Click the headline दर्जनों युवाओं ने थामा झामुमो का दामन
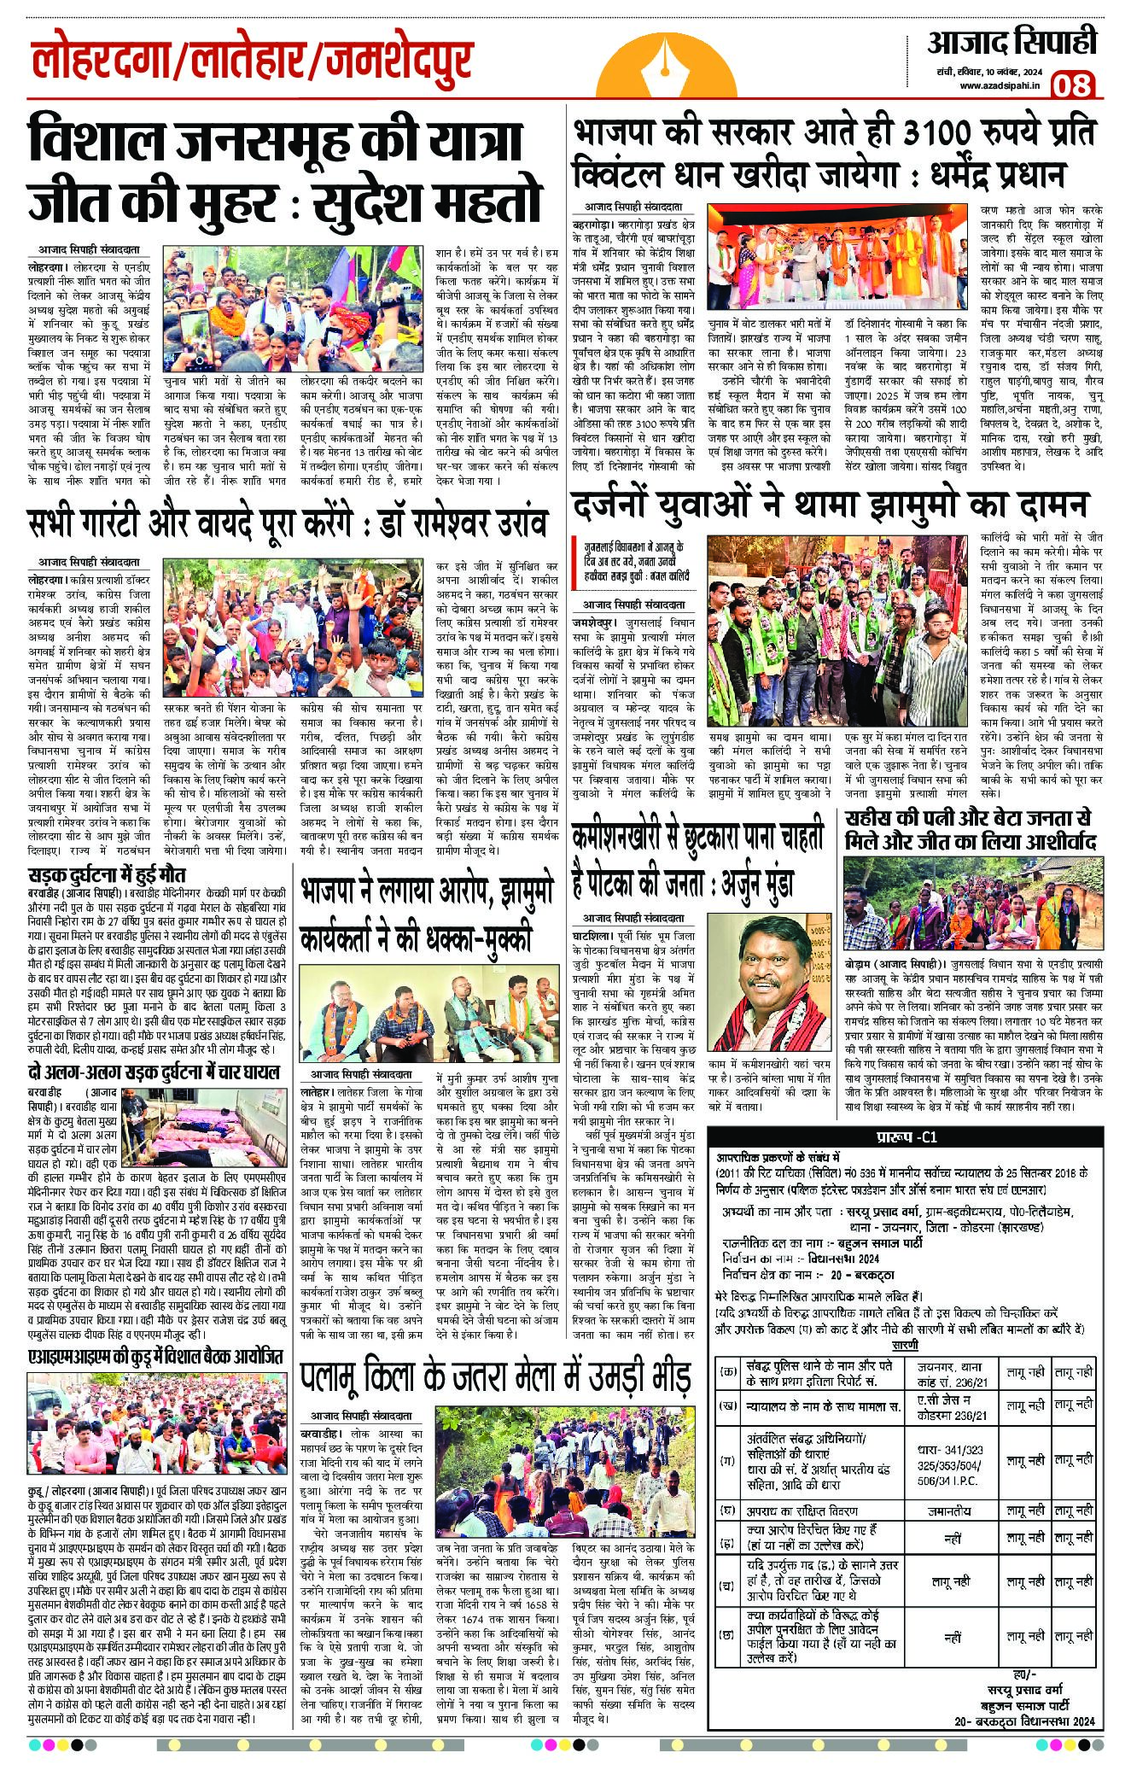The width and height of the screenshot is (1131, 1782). pyautogui.click(x=831, y=505)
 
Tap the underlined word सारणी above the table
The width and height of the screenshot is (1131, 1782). pyautogui.click(x=905, y=1344)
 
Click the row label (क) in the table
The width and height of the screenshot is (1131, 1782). pyautogui.click(x=728, y=1372)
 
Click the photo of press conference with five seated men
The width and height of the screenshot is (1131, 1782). pyautogui.click(x=425, y=1015)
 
